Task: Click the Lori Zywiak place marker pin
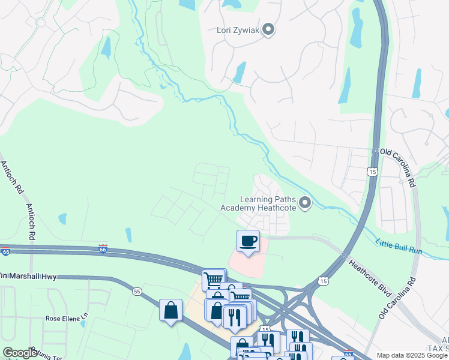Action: (x=268, y=29)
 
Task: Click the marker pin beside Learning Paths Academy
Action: (x=305, y=203)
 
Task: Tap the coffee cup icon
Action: (x=249, y=241)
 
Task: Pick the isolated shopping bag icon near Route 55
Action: (x=171, y=310)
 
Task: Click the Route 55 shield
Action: (x=137, y=291)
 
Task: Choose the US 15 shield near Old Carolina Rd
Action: (x=373, y=172)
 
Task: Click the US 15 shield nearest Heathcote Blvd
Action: (x=324, y=281)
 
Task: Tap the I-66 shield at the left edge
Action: (x=5, y=252)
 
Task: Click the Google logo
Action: (x=19, y=353)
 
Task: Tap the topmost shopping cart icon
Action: (x=213, y=279)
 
